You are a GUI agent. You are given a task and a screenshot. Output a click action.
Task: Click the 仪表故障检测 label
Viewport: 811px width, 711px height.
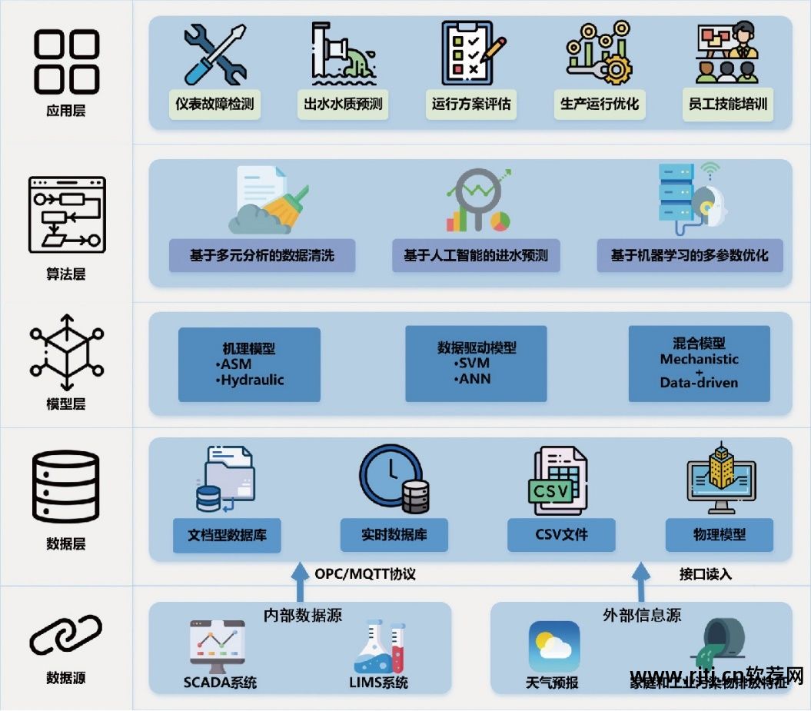(x=215, y=104)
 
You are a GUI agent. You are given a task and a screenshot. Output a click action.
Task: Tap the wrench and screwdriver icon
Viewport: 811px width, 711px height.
(x=215, y=54)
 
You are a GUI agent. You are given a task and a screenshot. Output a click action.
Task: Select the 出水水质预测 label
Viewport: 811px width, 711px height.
(x=343, y=104)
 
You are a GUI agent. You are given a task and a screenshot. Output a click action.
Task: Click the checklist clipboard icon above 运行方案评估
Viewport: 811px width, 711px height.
(x=470, y=52)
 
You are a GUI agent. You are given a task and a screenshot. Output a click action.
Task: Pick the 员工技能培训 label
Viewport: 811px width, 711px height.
(x=726, y=104)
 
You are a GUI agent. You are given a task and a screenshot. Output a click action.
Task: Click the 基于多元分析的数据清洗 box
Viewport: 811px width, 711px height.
(x=262, y=255)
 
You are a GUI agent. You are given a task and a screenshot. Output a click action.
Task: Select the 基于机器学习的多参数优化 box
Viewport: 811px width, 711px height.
(x=690, y=255)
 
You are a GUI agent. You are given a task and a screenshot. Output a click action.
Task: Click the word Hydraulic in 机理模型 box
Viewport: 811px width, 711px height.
(x=252, y=380)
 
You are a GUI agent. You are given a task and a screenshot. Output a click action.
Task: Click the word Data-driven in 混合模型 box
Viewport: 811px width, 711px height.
(x=699, y=382)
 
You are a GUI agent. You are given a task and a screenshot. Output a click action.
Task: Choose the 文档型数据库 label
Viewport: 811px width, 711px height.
(x=227, y=534)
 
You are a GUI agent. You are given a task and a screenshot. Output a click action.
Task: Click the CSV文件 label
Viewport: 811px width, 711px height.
(x=561, y=534)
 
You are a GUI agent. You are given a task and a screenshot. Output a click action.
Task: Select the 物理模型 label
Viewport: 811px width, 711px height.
(x=720, y=534)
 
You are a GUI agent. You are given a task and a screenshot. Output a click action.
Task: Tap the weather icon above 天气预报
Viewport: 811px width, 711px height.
(x=553, y=646)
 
